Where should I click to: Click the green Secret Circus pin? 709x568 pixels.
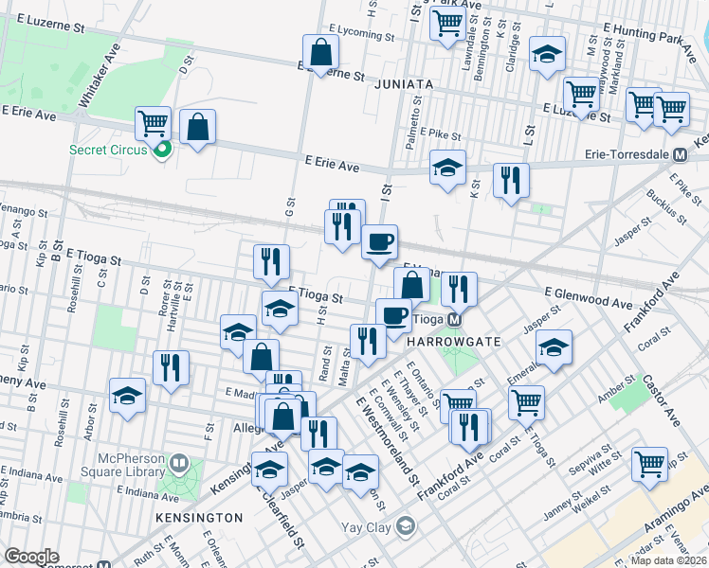pos(162,149)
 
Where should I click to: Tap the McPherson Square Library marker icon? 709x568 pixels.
pos(180,464)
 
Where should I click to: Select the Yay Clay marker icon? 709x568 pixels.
pos(406,525)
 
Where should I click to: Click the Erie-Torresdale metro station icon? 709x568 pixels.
pos(679,154)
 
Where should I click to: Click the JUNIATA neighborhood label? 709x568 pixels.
pos(403,84)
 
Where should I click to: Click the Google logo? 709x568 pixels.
pos(31,557)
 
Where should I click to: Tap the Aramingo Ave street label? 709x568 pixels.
pos(669,521)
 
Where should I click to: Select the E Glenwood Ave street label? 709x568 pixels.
pos(588,298)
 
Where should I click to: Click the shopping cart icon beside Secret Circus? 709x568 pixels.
pos(152,122)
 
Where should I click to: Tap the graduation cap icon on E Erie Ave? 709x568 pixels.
pos(447,168)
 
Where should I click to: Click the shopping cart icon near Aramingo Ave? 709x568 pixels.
pos(649,463)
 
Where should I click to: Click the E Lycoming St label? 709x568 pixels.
pos(360,36)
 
